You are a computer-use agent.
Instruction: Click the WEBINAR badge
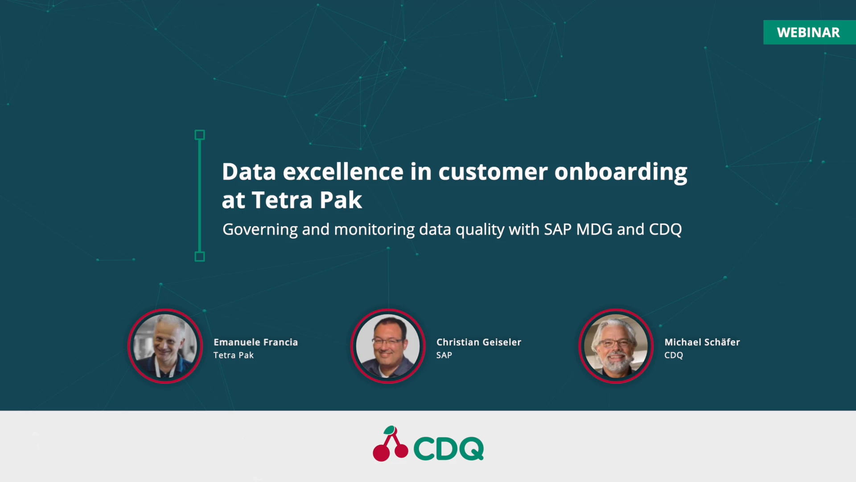click(808, 32)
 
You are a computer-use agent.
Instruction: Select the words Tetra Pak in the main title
click(307, 200)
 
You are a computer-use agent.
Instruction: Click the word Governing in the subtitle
click(260, 229)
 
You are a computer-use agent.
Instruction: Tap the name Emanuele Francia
click(255, 342)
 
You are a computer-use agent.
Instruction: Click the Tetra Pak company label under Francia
click(233, 355)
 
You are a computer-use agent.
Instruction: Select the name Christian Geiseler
click(478, 342)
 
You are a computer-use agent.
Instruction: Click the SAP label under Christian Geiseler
click(444, 355)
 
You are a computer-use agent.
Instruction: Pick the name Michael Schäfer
click(702, 342)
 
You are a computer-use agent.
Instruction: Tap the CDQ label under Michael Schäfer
click(673, 355)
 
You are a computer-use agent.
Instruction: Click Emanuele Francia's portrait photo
click(165, 346)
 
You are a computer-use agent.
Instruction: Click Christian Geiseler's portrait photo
click(388, 346)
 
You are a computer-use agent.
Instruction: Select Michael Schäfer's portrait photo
click(616, 346)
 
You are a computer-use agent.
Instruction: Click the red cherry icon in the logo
click(390, 445)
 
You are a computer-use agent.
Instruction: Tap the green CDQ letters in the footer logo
click(448, 448)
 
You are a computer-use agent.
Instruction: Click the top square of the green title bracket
click(200, 135)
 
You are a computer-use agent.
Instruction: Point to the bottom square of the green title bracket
click(200, 257)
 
